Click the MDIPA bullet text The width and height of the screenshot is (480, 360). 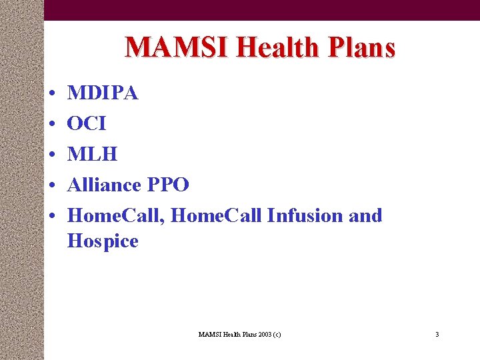click(103, 93)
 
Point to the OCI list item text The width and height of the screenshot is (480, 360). click(87, 124)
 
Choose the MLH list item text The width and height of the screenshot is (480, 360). click(92, 155)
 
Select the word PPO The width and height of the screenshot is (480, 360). click(168, 185)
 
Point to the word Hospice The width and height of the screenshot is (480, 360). click(103, 241)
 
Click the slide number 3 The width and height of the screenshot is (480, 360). click(437, 334)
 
